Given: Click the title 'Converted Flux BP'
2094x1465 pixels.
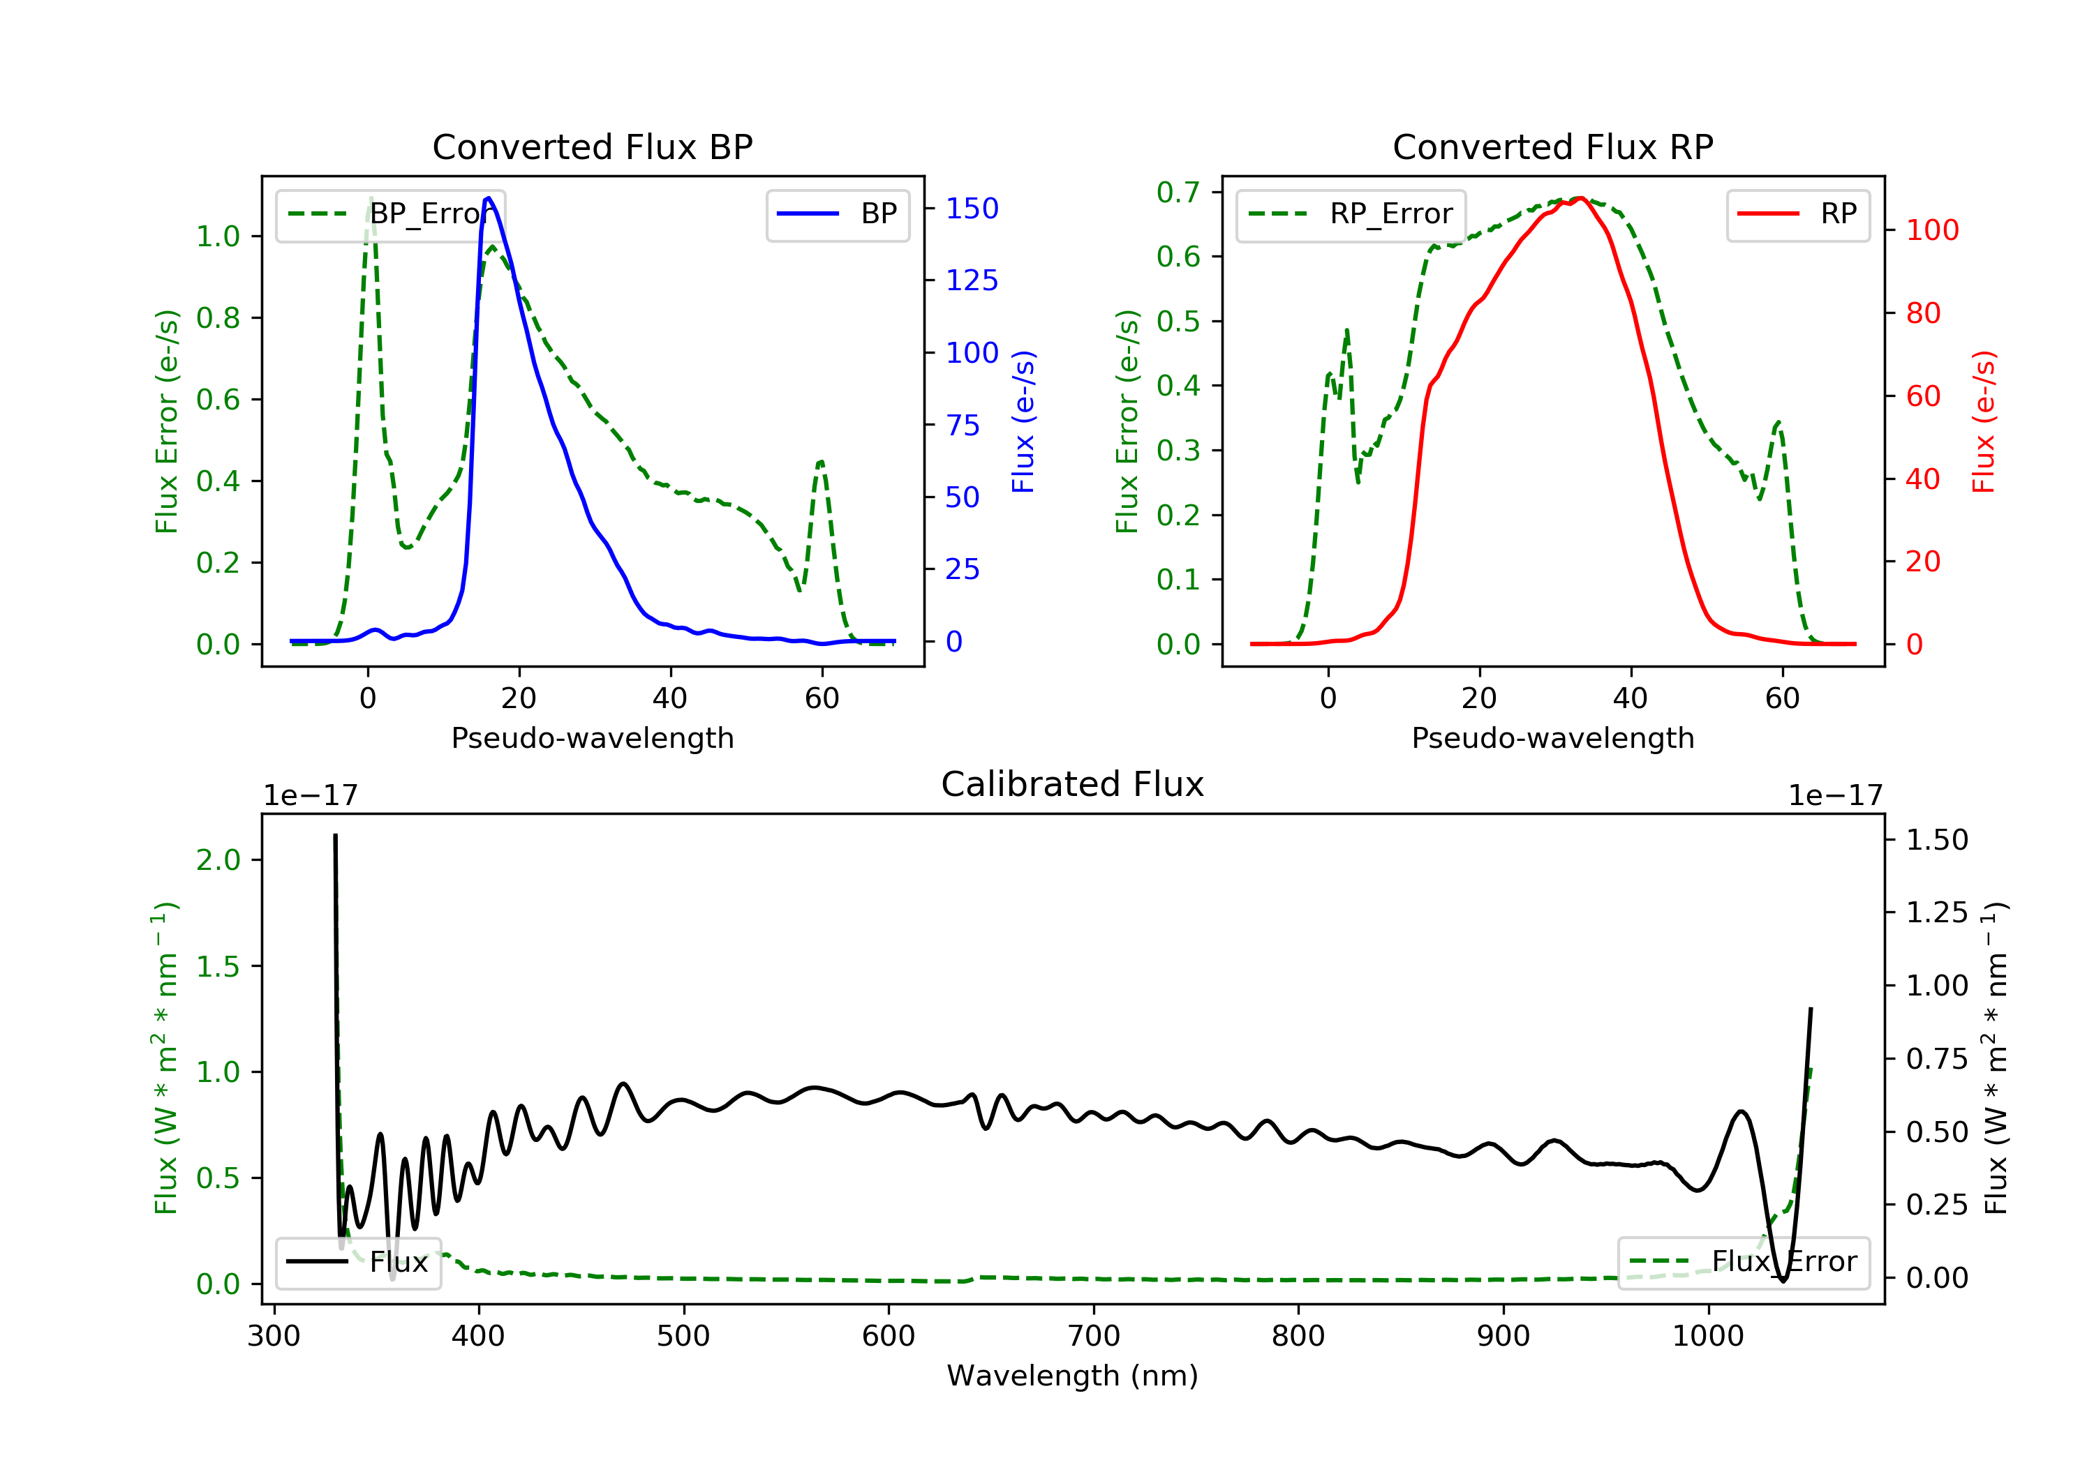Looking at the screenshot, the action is click(592, 146).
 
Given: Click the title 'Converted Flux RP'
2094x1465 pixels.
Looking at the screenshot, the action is click(1552, 146).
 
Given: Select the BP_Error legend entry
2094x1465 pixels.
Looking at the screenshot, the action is click(390, 215).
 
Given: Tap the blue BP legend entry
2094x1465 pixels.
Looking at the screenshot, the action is click(837, 215).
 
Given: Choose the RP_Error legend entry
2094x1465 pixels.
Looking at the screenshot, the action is click(1351, 215).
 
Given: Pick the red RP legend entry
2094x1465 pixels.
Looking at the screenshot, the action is click(1797, 215).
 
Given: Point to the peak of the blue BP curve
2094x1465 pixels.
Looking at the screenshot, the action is click(489, 198).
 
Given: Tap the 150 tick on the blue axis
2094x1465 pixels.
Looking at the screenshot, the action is click(972, 209).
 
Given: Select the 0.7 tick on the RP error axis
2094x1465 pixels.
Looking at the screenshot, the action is click(1178, 193).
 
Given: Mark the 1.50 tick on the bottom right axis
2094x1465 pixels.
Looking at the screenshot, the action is click(1937, 840).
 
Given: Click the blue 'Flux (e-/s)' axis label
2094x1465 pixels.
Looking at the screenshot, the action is click(1024, 421).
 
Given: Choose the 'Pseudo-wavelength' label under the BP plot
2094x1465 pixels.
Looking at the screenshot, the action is click(592, 737).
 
